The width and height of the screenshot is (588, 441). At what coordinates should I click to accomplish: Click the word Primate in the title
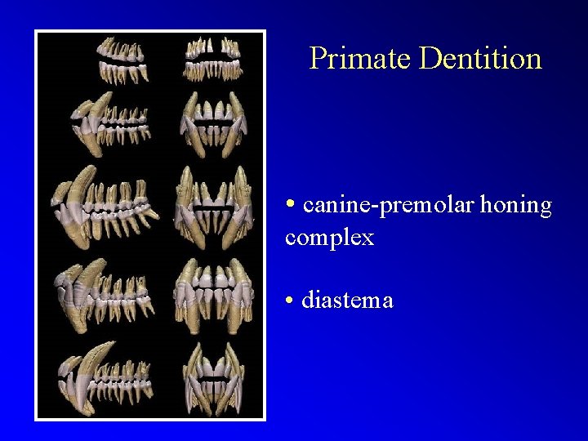(x=359, y=58)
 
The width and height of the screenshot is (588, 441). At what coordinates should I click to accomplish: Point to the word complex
(x=330, y=238)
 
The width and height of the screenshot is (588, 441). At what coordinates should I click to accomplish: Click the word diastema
(x=347, y=301)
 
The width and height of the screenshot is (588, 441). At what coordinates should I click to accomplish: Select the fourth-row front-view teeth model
(x=215, y=292)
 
